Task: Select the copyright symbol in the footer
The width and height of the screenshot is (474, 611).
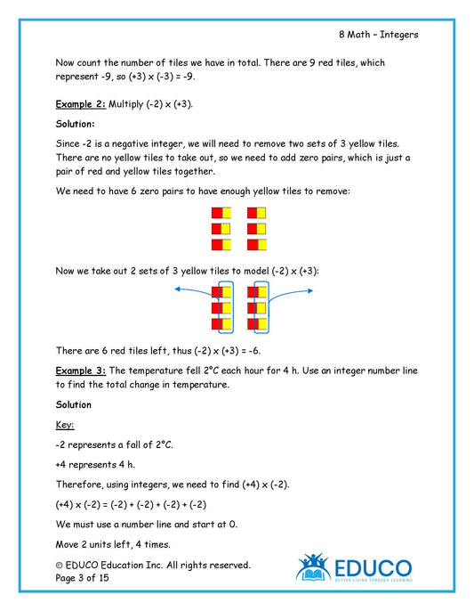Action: point(60,565)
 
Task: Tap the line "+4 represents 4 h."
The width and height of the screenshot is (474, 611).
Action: point(99,464)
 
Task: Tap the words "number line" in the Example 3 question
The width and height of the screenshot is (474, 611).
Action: point(382,370)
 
